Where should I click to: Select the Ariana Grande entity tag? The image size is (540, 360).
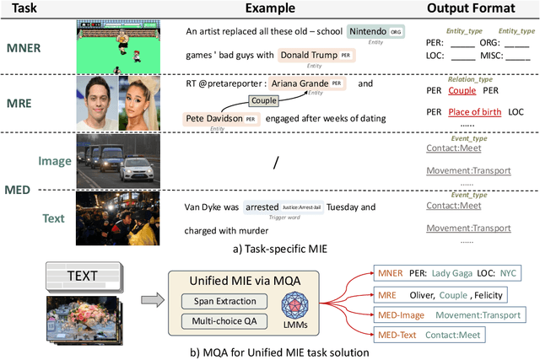[312, 84]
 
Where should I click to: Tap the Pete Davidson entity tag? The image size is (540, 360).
[217, 119]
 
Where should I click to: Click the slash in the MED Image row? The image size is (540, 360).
[273, 160]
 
